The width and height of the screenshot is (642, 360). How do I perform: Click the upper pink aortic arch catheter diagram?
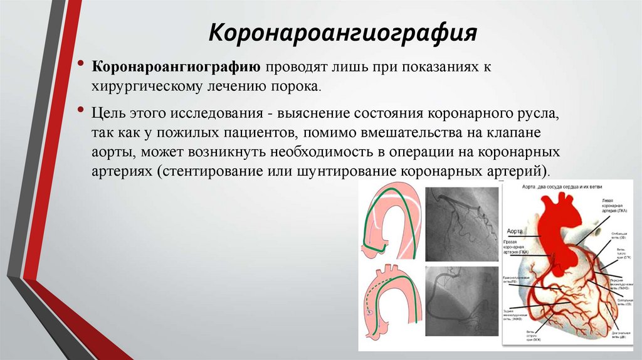(x=391, y=220)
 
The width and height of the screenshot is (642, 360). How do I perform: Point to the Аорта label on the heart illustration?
(x=514, y=230)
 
